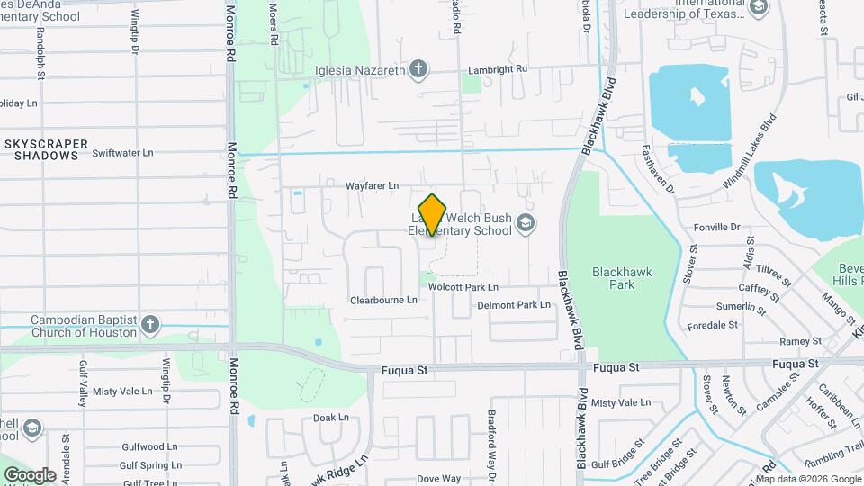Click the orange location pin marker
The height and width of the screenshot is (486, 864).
coord(433,214)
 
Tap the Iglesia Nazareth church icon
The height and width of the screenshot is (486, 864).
coord(418,68)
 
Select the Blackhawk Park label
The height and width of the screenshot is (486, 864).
coord(622,278)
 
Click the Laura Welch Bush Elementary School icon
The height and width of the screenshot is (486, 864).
coord(526,222)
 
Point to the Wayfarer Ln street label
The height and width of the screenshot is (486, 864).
coord(372,186)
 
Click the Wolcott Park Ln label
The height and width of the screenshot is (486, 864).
coord(463,287)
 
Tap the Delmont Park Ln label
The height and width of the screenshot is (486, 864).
coord(513,305)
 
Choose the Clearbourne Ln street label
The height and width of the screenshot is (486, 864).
coord(383,300)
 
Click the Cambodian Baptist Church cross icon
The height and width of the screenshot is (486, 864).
coord(150,323)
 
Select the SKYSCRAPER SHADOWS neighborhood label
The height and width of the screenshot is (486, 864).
coord(47,149)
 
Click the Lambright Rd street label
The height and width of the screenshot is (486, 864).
coord(497,68)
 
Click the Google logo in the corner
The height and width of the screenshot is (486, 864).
coord(30,475)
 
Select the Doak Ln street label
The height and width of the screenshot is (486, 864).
coord(330,418)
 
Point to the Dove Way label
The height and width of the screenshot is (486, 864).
coord(438,478)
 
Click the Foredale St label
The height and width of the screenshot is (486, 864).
coord(712,324)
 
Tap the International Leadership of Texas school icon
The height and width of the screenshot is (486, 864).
coord(758,8)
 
